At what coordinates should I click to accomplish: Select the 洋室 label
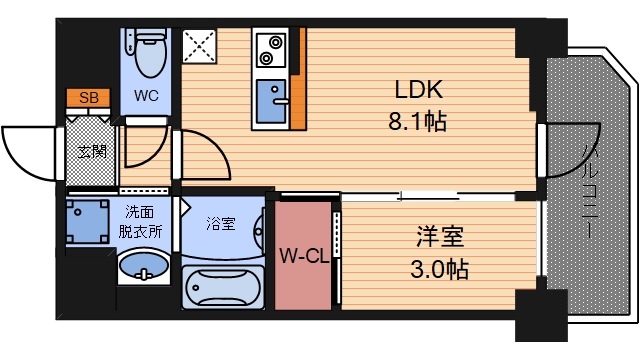coord(438,238)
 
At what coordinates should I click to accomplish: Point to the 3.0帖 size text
coord(440,269)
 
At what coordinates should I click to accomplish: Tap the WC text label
coord(146,98)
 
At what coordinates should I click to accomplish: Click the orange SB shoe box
coord(88,97)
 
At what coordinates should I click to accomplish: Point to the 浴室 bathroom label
coord(221,222)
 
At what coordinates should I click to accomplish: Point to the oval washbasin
coord(143,267)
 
